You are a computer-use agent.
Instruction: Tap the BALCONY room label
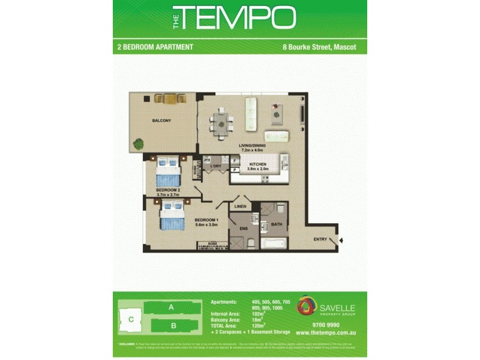pos(161,121)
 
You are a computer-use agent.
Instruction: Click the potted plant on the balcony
pos(139,144)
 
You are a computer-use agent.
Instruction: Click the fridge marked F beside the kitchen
pos(235,161)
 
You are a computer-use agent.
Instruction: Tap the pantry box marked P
pos(235,170)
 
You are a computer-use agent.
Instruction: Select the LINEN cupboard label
pos(241,208)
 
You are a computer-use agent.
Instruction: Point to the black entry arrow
pos(341,241)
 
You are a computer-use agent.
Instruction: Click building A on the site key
pos(171,307)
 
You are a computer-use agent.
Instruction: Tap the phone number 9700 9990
pos(326,325)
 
